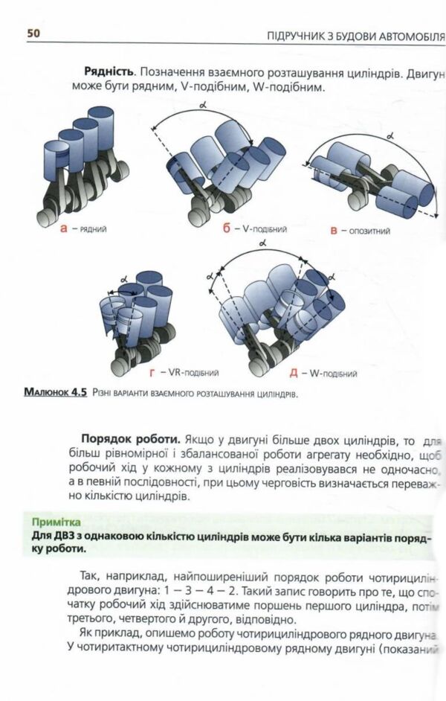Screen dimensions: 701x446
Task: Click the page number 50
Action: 33,33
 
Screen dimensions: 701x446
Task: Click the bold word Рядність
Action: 109,72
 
